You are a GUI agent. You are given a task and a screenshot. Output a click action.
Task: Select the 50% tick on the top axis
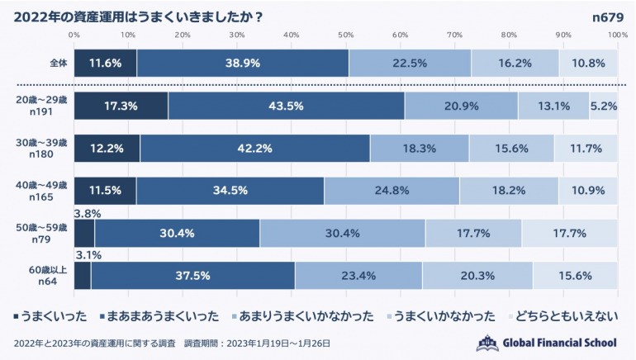(346, 35)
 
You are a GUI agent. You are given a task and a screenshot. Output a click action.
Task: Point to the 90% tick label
(563, 35)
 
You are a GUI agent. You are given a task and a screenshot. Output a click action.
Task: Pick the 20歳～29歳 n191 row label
(40, 105)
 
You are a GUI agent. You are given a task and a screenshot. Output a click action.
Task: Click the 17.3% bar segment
(121, 106)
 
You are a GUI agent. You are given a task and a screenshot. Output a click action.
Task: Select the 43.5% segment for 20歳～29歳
(287, 106)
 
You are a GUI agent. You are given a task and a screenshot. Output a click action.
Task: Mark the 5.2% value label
(604, 106)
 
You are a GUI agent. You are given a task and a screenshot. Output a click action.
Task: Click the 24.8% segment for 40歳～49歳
(392, 191)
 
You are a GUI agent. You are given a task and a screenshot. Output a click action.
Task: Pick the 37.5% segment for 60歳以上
(192, 276)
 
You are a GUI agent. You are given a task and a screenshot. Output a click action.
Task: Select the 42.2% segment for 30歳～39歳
(254, 149)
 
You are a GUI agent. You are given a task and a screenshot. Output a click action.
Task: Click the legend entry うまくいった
(50, 315)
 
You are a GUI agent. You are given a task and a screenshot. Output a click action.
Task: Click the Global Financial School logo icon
(488, 343)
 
